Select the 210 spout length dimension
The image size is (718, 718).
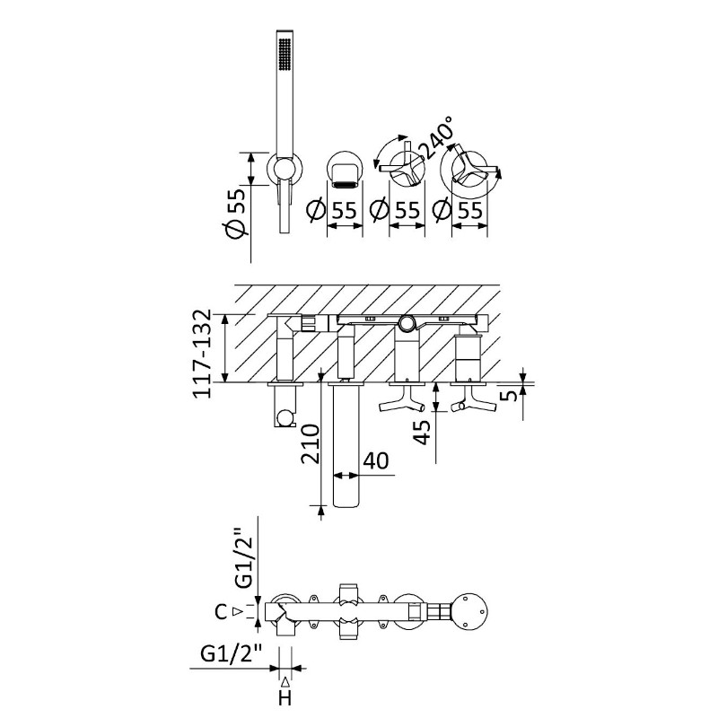pos(310,443)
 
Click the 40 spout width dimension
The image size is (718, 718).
pos(375,461)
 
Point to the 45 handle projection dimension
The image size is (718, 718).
pos(422,433)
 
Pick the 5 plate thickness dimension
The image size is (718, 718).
pos(508,394)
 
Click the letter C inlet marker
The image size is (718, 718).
pos(221,612)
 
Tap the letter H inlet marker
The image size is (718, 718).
pos(285,698)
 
